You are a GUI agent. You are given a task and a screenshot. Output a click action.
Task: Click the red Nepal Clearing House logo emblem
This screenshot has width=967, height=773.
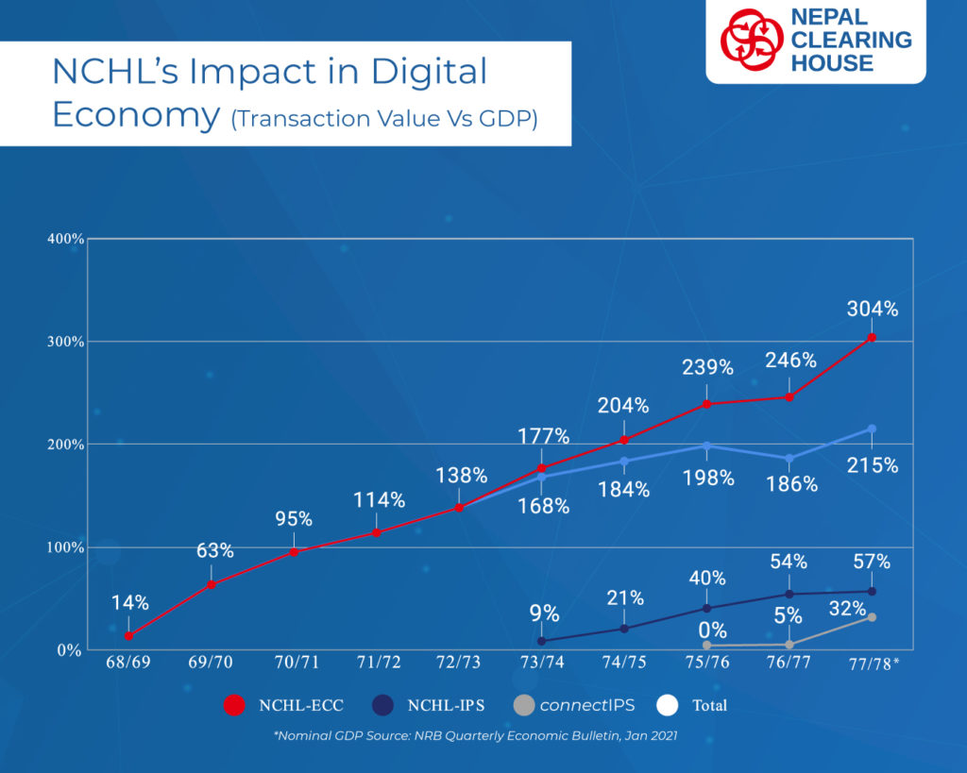[753, 40]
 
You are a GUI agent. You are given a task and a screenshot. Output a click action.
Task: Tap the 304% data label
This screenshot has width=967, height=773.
[872, 309]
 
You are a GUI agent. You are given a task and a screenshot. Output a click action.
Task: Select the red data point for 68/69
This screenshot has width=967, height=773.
[128, 635]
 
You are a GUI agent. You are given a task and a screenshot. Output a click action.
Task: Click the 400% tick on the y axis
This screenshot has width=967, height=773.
[65, 239]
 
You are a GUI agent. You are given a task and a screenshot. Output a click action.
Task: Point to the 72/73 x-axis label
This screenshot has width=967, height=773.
[458, 662]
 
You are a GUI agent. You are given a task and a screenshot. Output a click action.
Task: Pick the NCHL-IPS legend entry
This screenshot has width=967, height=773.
[430, 705]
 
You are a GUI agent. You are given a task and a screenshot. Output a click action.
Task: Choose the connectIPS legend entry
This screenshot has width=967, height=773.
[574, 705]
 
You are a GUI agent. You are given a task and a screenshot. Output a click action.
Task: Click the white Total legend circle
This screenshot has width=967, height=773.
[668, 705]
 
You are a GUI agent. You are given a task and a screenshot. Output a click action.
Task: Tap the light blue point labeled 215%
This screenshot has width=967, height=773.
[872, 429]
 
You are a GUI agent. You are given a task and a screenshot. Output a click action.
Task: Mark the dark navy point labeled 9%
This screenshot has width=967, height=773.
[541, 641]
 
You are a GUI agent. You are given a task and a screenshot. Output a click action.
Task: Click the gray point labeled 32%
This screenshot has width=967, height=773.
[872, 617]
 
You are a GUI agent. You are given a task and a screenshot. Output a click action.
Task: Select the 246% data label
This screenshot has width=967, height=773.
[790, 360]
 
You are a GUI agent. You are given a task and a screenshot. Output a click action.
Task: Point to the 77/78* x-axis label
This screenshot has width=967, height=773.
[874, 664]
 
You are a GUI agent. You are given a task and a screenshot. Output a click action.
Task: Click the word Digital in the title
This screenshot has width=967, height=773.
[430, 71]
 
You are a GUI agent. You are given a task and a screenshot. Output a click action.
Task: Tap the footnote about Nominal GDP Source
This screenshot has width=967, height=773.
[476, 735]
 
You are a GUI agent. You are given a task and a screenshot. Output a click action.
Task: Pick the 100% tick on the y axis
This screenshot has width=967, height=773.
[65, 547]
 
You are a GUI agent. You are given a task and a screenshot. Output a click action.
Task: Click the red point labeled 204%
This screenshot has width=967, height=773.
[623, 440]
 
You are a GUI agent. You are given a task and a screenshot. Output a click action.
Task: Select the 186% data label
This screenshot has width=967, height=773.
[792, 484]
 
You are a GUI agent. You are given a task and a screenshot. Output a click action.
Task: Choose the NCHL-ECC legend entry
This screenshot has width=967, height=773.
[283, 705]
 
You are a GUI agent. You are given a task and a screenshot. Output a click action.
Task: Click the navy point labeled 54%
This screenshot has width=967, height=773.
[789, 595]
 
